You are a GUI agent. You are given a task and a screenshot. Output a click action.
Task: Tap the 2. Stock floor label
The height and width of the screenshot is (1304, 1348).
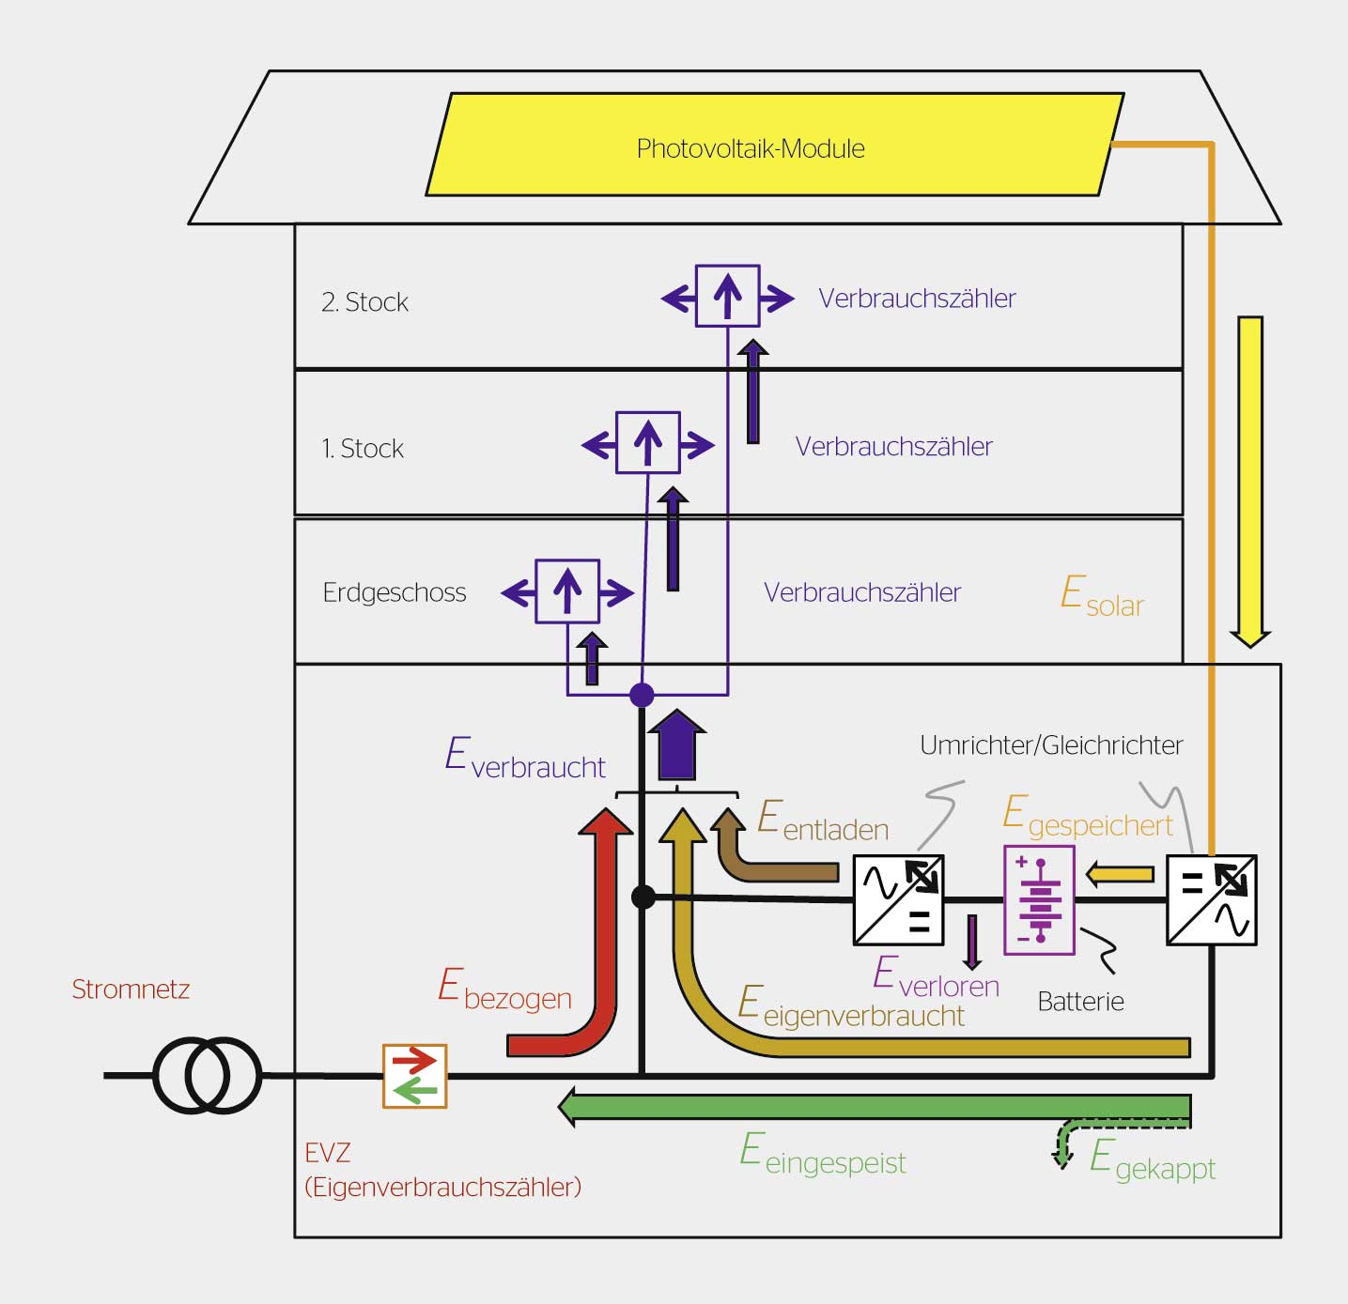pyautogui.click(x=364, y=302)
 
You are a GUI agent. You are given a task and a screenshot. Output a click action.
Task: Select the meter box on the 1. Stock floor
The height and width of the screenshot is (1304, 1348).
pyautogui.click(x=647, y=442)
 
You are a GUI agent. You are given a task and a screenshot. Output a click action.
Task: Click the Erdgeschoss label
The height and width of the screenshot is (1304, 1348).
pyautogui.click(x=394, y=592)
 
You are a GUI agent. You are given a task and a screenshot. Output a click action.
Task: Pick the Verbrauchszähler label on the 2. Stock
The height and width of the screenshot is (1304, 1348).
pyautogui.click(x=917, y=299)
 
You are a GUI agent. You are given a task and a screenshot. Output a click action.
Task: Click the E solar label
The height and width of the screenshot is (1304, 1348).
pyautogui.click(x=1101, y=597)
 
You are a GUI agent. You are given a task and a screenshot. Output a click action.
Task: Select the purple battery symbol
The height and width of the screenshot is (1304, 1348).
pyautogui.click(x=1039, y=899)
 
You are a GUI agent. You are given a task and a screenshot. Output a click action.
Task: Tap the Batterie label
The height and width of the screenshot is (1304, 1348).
pyautogui.click(x=1080, y=1002)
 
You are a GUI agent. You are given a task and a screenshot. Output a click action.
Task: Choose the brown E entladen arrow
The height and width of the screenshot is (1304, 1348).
pyautogui.click(x=770, y=868)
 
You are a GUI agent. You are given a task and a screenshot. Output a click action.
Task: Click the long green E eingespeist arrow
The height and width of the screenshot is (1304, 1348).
pyautogui.click(x=874, y=1107)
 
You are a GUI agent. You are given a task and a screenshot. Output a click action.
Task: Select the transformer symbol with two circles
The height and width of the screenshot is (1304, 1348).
pyautogui.click(x=207, y=1075)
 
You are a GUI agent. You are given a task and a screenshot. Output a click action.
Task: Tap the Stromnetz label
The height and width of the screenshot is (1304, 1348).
pyautogui.click(x=131, y=990)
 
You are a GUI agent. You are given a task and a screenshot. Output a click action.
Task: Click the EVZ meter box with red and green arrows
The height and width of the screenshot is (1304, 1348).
pyautogui.click(x=414, y=1076)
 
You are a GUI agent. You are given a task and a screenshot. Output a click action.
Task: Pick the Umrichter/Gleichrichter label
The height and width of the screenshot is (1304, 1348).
pyautogui.click(x=1050, y=745)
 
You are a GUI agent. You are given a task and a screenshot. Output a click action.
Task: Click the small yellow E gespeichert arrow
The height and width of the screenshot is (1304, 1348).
pyautogui.click(x=1120, y=874)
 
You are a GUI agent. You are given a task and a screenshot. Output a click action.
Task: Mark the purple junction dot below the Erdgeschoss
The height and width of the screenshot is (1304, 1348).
pyautogui.click(x=642, y=695)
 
